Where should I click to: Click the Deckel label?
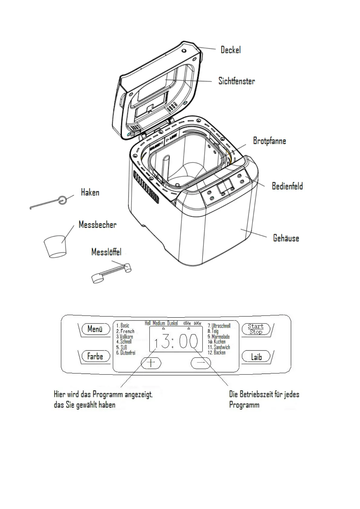click(x=231, y=50)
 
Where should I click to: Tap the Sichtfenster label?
click(x=237, y=81)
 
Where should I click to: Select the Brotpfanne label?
click(x=269, y=141)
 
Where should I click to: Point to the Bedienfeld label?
click(x=287, y=186)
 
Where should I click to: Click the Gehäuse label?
click(x=286, y=238)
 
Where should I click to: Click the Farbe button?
click(x=95, y=357)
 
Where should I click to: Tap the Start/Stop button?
click(x=256, y=329)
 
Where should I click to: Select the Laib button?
click(x=256, y=357)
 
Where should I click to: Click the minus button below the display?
click(x=201, y=362)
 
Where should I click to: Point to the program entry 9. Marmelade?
click(x=219, y=336)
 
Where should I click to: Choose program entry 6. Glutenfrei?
click(x=126, y=353)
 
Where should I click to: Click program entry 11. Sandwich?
click(x=219, y=347)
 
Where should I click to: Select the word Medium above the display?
click(x=159, y=323)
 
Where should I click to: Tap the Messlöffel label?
click(x=106, y=252)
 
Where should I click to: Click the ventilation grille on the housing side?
click(x=146, y=186)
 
